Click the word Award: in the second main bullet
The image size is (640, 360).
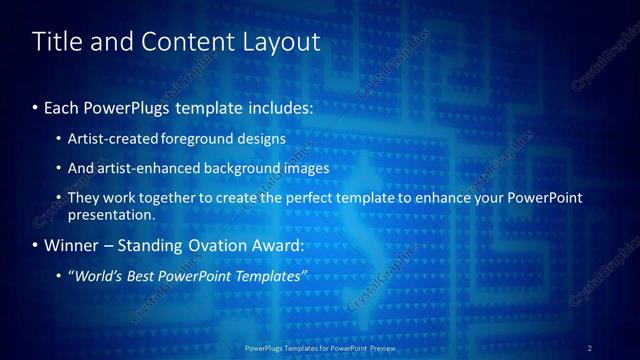pyautogui.click(x=273, y=245)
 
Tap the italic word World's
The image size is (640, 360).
pyautogui.click(x=99, y=276)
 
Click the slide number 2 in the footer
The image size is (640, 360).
pyautogui.click(x=589, y=348)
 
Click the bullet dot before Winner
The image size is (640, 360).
pyautogui.click(x=36, y=246)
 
